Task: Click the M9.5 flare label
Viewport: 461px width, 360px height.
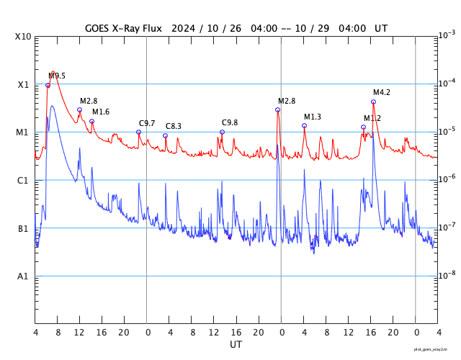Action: point(57,76)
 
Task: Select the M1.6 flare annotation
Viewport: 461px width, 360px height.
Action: point(101,112)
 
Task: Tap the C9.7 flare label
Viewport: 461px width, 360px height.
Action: point(147,123)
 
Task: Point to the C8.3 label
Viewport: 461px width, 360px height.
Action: point(174,126)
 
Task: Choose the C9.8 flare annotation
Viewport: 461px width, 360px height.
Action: point(230,122)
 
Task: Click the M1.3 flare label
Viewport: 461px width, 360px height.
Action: point(313,117)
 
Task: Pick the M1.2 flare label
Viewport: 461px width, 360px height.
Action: point(372,118)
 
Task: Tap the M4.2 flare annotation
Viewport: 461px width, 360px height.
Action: point(382,92)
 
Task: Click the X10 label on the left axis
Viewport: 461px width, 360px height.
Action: point(24,36)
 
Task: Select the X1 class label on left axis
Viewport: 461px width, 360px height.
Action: point(23,84)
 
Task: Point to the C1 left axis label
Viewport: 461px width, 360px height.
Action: point(23,180)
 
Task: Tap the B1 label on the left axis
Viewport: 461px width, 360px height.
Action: point(23,228)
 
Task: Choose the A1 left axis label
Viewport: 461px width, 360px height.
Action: point(23,276)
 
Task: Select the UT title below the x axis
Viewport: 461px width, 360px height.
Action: point(236,345)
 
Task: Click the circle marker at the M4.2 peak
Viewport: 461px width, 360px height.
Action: point(373,102)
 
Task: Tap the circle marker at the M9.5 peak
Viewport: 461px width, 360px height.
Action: point(48,85)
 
